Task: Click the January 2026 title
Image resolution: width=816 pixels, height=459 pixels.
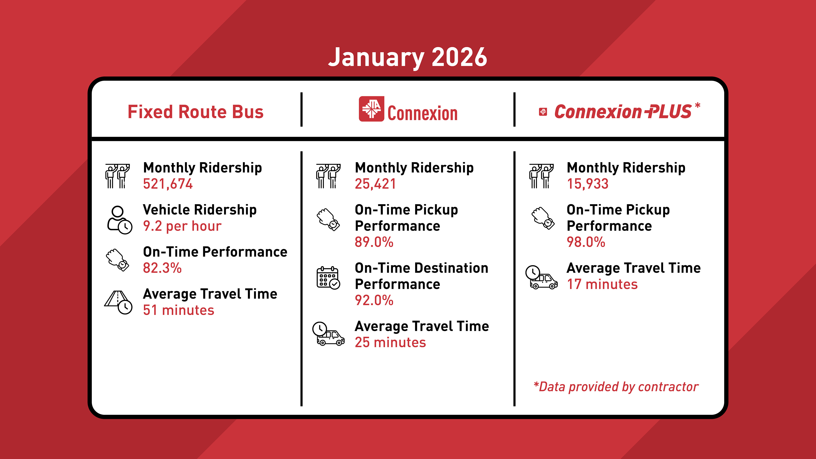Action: (407, 58)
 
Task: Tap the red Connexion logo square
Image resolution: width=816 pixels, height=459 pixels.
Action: (371, 109)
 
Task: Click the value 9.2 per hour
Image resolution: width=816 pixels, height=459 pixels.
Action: (182, 226)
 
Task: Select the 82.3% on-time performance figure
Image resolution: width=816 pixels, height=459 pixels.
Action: (162, 268)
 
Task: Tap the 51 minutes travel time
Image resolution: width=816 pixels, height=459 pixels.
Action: (178, 310)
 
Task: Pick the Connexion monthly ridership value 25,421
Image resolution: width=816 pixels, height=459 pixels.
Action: (375, 184)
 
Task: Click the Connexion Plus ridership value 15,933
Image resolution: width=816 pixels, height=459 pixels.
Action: (587, 184)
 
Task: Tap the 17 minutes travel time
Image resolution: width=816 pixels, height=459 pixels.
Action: (602, 284)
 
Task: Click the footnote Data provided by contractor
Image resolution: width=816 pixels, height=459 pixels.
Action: (616, 387)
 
